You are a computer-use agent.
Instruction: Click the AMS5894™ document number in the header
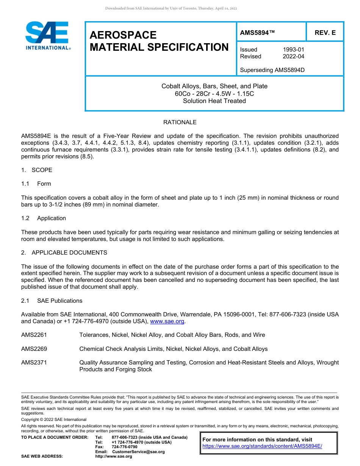(x=257, y=33)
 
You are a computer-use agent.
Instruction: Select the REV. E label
(x=325, y=33)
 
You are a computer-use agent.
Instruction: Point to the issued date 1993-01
(x=293, y=50)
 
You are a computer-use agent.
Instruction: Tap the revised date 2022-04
(x=293, y=56)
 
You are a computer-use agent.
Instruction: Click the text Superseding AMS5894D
(x=272, y=70)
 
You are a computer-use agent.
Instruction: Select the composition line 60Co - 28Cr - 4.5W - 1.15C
(x=214, y=94)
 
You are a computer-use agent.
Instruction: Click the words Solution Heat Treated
(x=214, y=101)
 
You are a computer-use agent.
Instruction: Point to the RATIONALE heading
(x=180, y=122)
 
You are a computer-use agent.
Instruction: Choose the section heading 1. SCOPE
(x=37, y=170)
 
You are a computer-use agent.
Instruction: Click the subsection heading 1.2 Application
(x=44, y=218)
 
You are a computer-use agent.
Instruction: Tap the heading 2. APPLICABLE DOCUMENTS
(x=64, y=253)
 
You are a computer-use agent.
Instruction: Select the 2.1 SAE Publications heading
(x=52, y=301)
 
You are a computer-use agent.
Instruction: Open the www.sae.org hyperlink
(x=167, y=322)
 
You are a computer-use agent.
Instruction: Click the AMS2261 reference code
(x=34, y=335)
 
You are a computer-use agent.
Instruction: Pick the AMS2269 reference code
(x=34, y=349)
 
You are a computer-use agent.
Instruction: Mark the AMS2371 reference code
(x=34, y=363)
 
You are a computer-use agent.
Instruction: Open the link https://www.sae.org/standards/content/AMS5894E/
(x=262, y=446)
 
